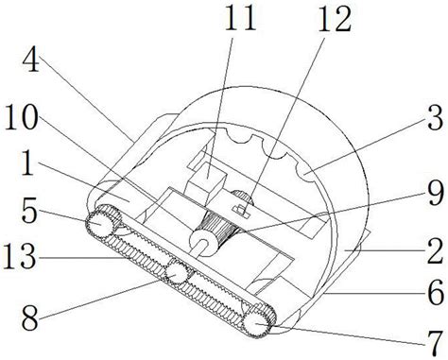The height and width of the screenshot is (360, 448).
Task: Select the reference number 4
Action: pyautogui.click(x=30, y=59)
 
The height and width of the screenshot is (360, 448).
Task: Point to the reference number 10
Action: pyautogui.click(x=21, y=117)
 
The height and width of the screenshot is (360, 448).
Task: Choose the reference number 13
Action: pyautogui.click(x=19, y=257)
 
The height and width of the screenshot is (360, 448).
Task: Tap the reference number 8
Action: pyautogui.click(x=30, y=318)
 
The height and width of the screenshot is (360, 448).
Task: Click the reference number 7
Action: pyautogui.click(x=435, y=344)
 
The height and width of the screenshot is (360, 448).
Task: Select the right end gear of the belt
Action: pyautogui.click(x=256, y=324)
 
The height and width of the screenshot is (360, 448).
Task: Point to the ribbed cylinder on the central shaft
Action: pyautogui.click(x=221, y=228)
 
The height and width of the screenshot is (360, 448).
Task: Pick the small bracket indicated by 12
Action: pyautogui.click(x=241, y=211)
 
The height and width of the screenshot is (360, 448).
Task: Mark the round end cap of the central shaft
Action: pyautogui.click(x=202, y=244)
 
